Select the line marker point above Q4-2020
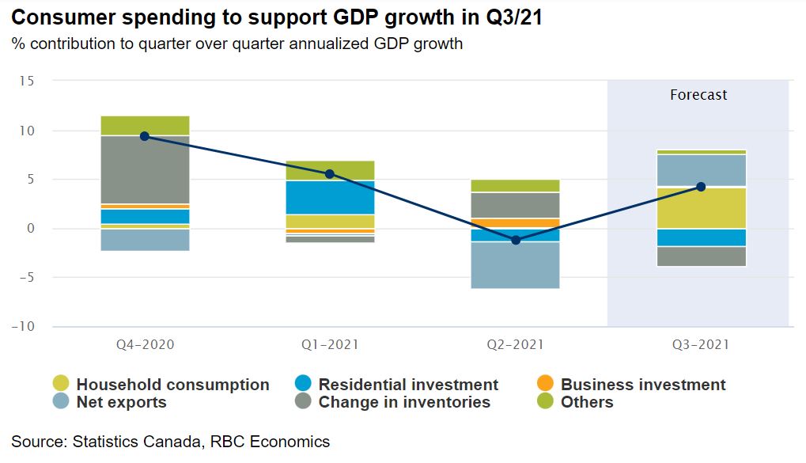coord(145,136)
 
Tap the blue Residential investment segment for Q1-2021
coord(330,197)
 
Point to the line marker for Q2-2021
coord(516,240)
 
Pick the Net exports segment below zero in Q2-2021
coord(516,265)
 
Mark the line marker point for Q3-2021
coord(701,187)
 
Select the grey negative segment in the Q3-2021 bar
coord(702,256)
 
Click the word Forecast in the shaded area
coord(698,95)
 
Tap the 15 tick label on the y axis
coord(28,81)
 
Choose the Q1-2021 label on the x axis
coord(330,345)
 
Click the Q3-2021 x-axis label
coord(702,345)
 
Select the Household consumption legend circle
coord(61,384)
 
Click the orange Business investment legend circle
coord(544,384)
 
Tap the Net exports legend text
coord(121,402)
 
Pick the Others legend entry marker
coord(544,401)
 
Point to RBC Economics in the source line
coord(270,442)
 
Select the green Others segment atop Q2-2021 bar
coord(516,186)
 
